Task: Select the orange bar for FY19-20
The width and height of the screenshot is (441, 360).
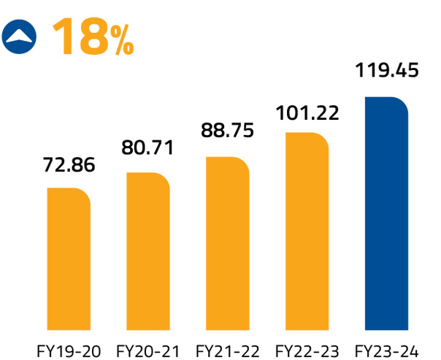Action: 69,256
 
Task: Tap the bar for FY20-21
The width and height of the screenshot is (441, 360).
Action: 148,248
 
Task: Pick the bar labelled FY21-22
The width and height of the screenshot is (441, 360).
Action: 228,240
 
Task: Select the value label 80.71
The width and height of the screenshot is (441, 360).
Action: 148,149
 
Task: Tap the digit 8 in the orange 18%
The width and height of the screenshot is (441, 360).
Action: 94,36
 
